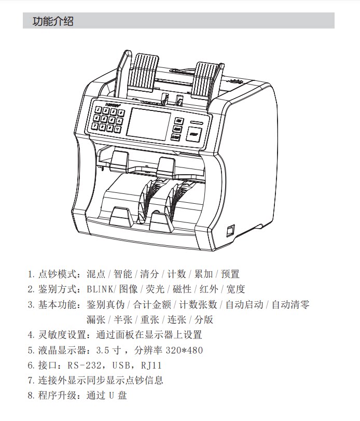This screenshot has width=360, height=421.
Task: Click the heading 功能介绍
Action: (x=53, y=21)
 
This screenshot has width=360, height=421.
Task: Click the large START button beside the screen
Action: (x=195, y=135)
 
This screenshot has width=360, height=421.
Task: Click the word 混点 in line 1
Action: (x=96, y=274)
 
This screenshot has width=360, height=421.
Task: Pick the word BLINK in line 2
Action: (x=99, y=289)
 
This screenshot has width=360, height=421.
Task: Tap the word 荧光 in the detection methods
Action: (x=154, y=289)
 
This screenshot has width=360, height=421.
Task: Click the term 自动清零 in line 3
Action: (x=290, y=304)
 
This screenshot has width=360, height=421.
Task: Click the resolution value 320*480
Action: (x=184, y=350)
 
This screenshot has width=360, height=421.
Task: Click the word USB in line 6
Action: (x=119, y=365)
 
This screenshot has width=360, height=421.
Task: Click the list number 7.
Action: (x=31, y=380)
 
